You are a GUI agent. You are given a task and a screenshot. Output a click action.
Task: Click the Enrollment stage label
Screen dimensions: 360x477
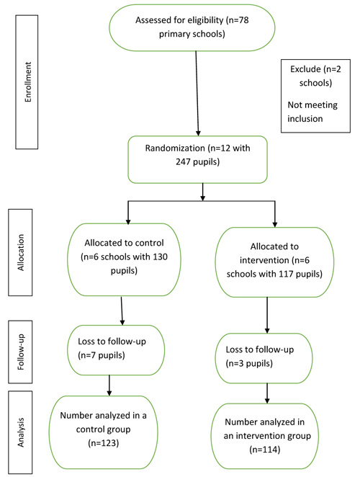27,82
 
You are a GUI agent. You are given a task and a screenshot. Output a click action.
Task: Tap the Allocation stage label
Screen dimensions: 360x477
20,252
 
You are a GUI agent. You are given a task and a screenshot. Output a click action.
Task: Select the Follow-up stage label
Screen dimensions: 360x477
20,352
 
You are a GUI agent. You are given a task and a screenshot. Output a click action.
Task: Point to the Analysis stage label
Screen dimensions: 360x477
20,432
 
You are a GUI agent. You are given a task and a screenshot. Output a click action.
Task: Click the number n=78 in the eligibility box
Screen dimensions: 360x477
237,20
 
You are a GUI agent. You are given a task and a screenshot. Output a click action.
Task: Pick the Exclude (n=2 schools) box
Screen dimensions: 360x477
315,96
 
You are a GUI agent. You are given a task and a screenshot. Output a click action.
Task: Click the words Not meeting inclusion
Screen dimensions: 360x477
312,112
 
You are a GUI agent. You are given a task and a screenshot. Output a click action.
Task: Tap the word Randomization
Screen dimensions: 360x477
175,148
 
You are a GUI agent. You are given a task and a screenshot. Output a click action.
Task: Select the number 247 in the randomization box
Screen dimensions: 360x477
183,161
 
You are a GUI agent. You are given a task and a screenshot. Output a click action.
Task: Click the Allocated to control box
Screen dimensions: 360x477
124,259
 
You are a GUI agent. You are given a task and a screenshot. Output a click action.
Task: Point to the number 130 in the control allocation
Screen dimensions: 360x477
160,257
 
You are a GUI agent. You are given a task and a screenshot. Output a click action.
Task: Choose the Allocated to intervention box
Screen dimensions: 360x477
274,262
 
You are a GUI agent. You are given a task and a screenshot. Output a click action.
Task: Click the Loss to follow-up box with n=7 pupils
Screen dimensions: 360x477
116,350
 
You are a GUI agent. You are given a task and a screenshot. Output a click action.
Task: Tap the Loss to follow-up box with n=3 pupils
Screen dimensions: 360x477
264,358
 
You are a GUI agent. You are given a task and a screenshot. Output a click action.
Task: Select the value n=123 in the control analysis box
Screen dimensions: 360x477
104,443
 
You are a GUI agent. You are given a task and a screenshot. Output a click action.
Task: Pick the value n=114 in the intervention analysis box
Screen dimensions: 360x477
264,450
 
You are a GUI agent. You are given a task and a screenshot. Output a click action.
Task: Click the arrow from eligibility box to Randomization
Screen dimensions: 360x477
197,93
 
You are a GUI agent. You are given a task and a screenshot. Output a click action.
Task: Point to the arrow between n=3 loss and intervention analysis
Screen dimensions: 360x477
267,393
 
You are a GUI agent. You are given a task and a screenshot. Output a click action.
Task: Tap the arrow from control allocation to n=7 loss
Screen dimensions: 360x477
122,311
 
